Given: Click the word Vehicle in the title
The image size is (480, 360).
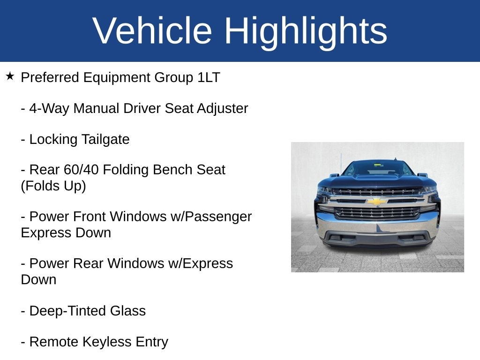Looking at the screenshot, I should coord(152,31).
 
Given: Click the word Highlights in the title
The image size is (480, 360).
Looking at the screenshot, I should coord(305,31).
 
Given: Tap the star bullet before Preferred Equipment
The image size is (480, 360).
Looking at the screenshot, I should coord(10,76).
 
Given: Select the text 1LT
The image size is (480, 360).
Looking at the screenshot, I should coord(209,77).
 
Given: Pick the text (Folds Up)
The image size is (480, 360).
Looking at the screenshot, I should coord(53,186).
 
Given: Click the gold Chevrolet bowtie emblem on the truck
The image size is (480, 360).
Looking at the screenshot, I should coord(377,201).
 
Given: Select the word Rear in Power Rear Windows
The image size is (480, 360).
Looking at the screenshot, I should coord(90,263).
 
